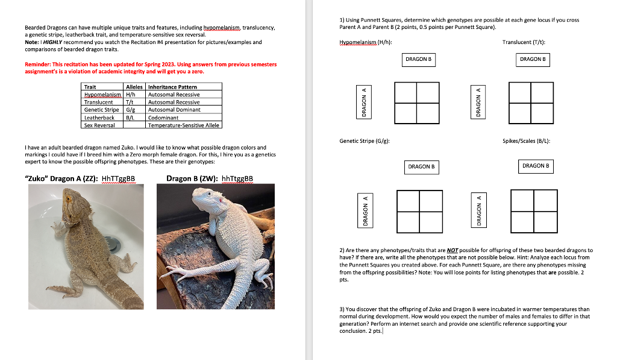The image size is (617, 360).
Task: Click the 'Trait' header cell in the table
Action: tap(90, 87)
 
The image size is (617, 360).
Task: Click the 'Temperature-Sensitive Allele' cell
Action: tap(184, 125)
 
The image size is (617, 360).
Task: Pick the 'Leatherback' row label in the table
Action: tap(99, 118)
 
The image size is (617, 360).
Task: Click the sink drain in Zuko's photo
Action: tap(115, 243)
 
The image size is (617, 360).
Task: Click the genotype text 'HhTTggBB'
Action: tap(119, 178)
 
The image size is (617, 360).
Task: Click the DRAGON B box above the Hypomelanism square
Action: tap(418, 60)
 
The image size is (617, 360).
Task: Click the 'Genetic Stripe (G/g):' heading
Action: tap(364, 141)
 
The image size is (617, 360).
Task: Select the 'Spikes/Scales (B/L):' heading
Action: tap(526, 141)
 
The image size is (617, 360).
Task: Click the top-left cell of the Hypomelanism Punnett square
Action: tap(406, 92)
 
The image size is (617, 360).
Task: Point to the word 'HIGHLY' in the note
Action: tap(52, 42)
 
